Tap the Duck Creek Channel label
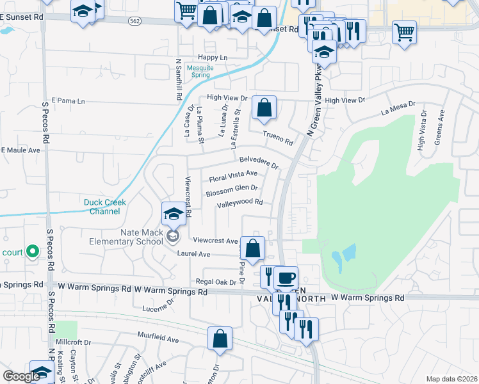[x=105, y=207]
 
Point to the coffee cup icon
[x=286, y=279]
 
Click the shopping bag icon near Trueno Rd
[x=264, y=108]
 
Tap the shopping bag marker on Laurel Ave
[x=253, y=249]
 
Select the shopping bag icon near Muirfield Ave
[x=220, y=340]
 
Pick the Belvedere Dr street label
[x=259, y=161]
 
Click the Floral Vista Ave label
[x=233, y=175]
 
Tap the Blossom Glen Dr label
[x=232, y=189]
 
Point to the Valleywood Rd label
[x=240, y=203]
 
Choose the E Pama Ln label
[x=68, y=100]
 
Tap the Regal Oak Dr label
[x=211, y=282]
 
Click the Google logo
[x=22, y=376]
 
